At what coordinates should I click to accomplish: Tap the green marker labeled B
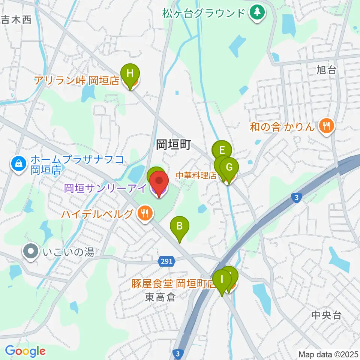[180, 226]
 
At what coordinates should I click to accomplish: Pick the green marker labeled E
[222, 151]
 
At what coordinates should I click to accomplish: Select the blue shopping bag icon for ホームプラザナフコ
[18, 163]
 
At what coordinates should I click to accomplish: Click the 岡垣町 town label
[174, 144]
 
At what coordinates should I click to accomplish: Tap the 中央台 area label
[327, 315]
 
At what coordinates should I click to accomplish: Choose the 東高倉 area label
[160, 298]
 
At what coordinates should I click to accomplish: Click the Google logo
[25, 351]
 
